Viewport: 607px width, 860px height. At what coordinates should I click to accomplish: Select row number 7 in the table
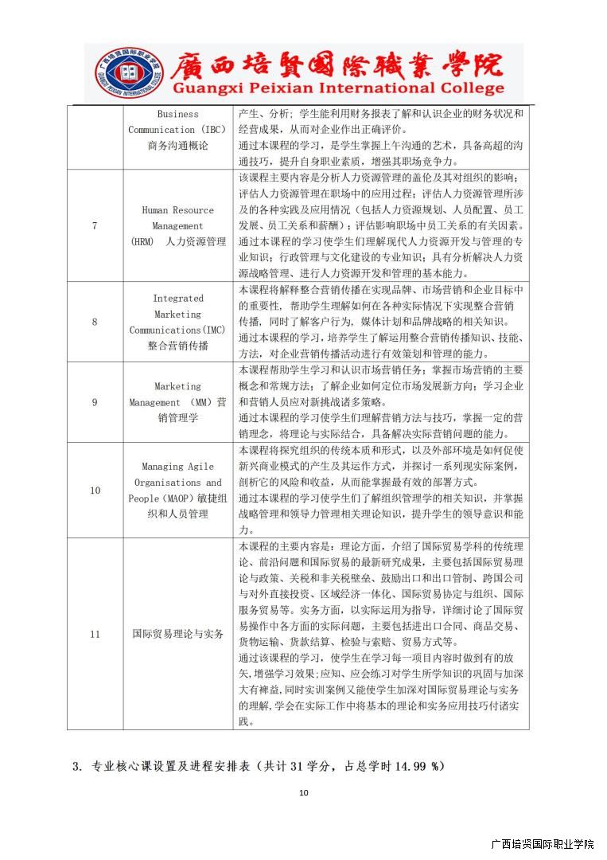[x=95, y=225]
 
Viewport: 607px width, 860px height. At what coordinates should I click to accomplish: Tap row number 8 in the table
[x=95, y=322]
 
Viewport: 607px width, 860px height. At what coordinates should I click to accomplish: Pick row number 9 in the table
[x=95, y=402]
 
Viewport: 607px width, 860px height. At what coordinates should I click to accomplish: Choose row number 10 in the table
[x=95, y=490]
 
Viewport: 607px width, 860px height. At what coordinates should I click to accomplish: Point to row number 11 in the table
[x=95, y=634]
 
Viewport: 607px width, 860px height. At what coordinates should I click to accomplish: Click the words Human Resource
[x=177, y=210]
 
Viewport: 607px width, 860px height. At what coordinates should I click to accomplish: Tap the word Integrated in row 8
[x=178, y=299]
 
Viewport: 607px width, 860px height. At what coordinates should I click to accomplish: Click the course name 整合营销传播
[x=177, y=346]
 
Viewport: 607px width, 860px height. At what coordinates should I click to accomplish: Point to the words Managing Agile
[x=177, y=467]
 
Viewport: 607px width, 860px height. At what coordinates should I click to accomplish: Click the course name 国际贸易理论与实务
[x=177, y=634]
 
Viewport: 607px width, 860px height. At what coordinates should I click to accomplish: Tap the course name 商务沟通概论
[x=177, y=146]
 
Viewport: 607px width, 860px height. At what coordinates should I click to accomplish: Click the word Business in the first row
[x=177, y=114]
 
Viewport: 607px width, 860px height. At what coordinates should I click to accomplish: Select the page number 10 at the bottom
[x=303, y=792]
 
